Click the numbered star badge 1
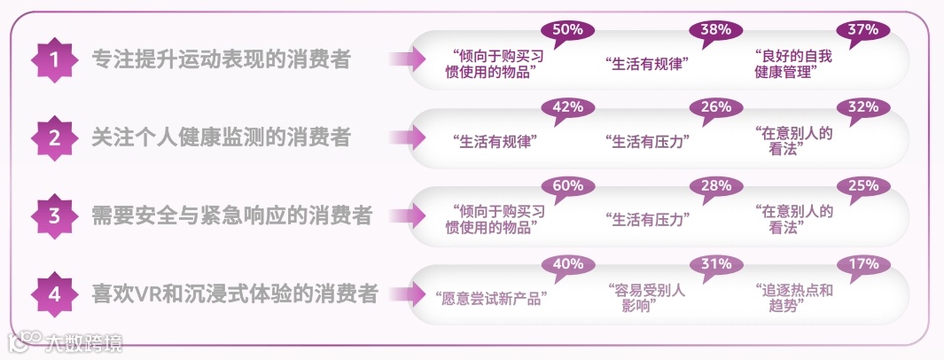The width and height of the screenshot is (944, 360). pos(54,60)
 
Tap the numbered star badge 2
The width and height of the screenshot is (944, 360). pos(54,137)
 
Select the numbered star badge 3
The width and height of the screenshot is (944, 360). pos(54,215)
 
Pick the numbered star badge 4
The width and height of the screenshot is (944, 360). pos(54,293)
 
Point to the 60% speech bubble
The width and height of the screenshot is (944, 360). pos(566,187)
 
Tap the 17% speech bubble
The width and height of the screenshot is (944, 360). pos(862,265)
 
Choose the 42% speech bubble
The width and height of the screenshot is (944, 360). pos(566,108)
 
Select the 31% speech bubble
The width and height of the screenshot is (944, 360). pos(714,265)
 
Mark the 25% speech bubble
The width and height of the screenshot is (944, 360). pos(862,187)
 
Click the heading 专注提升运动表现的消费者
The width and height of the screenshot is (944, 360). pos(222,60)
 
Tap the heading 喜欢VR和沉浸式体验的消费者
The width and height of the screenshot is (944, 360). pos(235,293)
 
